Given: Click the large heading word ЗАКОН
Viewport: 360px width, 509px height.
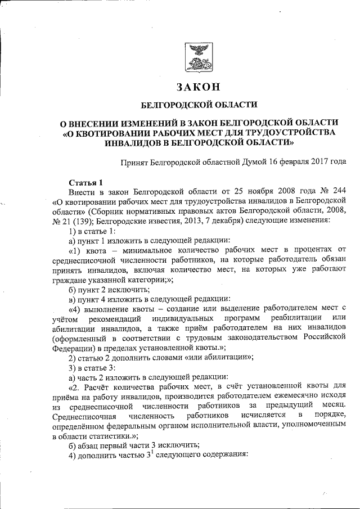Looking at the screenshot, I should coord(196,88).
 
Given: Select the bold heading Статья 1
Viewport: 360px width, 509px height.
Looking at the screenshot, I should coord(85,182).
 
